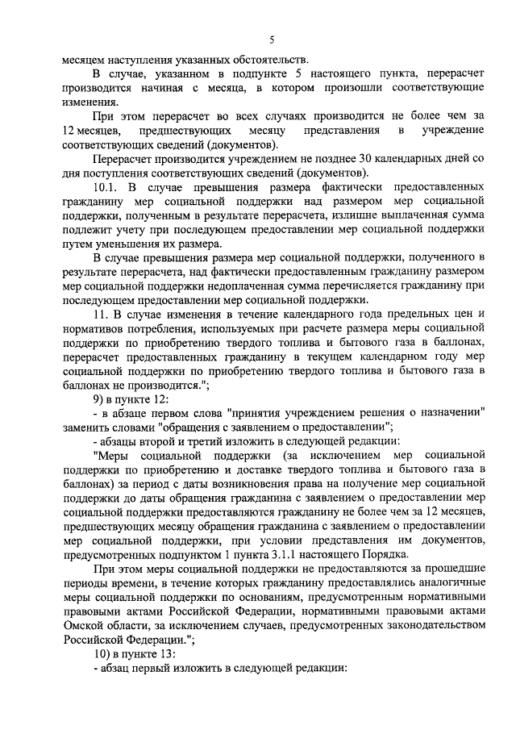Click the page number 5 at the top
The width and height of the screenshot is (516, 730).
click(x=272, y=40)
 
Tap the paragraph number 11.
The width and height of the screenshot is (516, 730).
click(x=100, y=312)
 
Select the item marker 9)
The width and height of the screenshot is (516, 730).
click(x=100, y=398)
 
